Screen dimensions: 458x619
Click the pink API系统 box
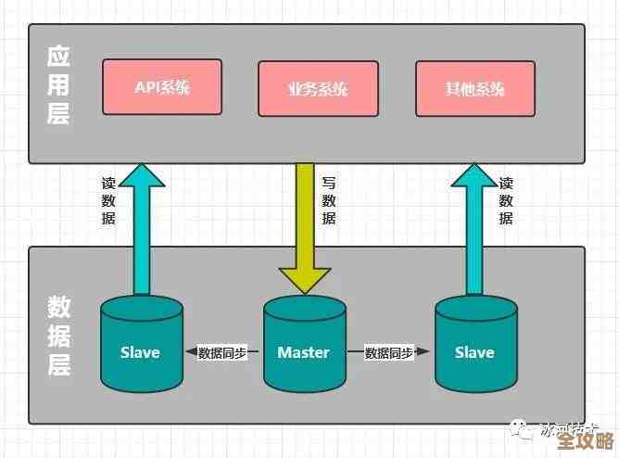pos(162,89)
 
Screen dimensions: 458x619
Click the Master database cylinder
pos(304,345)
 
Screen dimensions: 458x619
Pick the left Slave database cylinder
pos(141,345)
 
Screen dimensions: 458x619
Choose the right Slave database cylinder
pos(475,345)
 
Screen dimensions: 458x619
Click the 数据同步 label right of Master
pos(387,353)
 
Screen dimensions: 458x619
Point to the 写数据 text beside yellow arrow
pos(329,201)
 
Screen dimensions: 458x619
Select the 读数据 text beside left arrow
pos(108,201)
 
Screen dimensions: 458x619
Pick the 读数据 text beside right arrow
pos(506,201)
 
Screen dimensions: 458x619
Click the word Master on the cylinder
pos(304,352)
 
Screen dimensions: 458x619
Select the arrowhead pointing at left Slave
pos(191,353)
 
